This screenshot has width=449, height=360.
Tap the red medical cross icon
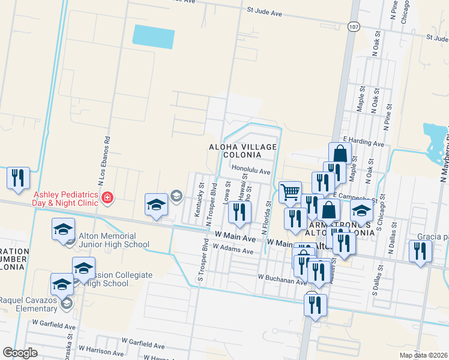pos(107,197)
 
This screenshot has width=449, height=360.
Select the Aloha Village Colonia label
pos(243,151)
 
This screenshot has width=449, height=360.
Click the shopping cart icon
pos(290,192)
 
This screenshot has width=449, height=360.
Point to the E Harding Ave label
pos(363,144)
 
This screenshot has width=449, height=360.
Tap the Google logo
pos(20,353)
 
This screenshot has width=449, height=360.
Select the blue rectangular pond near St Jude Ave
pos(153,37)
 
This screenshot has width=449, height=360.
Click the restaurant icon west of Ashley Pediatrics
pos(18,178)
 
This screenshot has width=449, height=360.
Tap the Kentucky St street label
pos(201,193)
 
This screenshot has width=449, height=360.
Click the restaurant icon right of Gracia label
pos(420,250)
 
